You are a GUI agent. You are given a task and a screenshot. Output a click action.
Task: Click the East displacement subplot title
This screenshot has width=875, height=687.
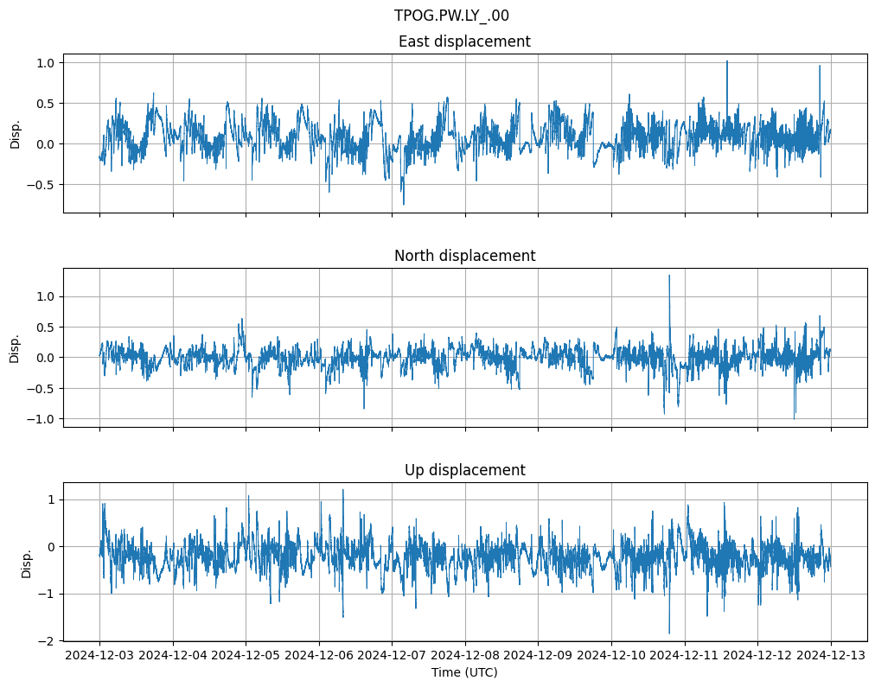[464, 41]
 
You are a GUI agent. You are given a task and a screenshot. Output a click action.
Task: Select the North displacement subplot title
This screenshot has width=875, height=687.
[464, 256]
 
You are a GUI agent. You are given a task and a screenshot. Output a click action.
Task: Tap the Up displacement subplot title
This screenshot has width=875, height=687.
[464, 470]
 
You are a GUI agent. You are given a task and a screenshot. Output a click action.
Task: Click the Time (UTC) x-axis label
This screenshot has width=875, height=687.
[464, 672]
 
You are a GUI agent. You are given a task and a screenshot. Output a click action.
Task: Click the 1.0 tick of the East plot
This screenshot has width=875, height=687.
[45, 63]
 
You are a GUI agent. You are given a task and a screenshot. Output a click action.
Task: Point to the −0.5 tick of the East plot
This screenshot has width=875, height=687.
[42, 184]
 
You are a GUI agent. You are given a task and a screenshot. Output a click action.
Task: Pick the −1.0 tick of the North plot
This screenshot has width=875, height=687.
[42, 419]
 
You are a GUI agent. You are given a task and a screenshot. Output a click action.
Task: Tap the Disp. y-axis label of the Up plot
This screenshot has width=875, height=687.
[27, 562]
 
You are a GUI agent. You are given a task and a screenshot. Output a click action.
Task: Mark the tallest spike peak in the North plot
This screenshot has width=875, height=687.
[668, 276]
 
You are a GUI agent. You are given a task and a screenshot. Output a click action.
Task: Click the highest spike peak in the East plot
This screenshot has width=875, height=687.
[726, 61]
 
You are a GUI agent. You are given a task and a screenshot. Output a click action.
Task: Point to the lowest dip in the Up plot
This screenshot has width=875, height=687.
[668, 633]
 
